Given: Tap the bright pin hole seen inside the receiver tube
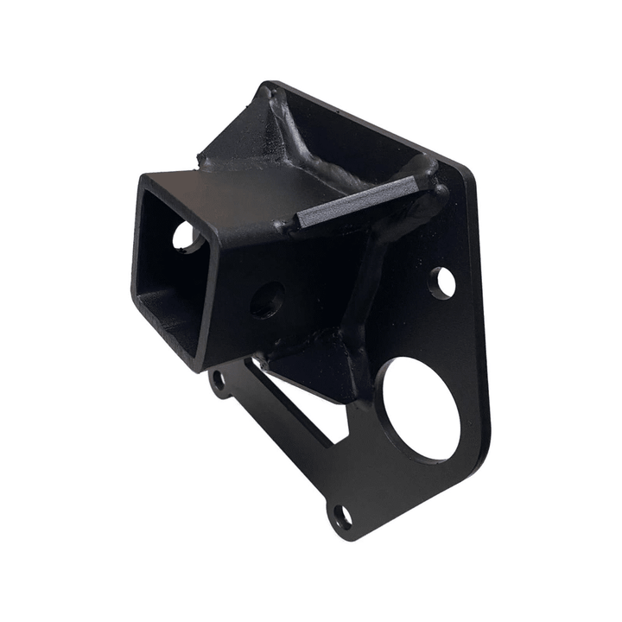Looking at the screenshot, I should point(186,236).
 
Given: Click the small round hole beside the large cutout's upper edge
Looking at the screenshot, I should point(442,282).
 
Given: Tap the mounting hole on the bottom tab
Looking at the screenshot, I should point(343,518).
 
